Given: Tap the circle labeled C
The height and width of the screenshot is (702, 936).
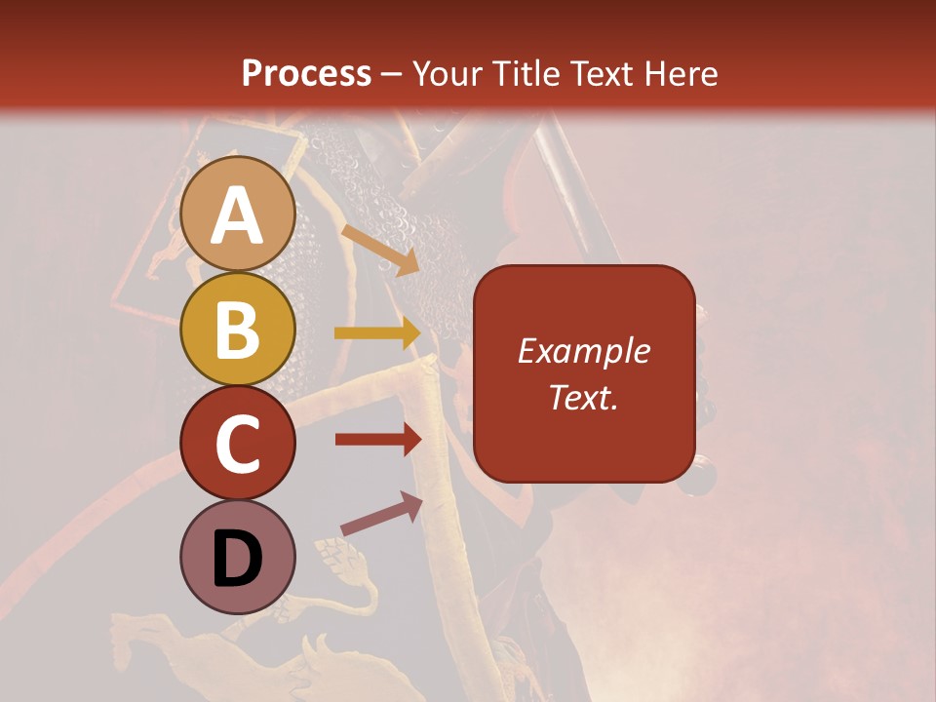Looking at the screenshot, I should tap(237, 443).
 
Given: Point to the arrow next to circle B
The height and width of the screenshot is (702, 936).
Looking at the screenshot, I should tap(377, 333).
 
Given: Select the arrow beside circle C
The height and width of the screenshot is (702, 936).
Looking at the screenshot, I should tap(377, 440).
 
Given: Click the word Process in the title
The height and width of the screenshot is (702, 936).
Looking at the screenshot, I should tap(306, 73).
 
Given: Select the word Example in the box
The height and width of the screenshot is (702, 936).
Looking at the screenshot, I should tap(584, 351).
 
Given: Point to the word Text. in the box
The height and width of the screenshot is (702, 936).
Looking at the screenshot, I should tap(584, 397).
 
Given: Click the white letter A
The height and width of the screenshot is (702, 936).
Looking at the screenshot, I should tap(237, 216).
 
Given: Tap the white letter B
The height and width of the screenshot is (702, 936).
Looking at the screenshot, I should tap(237, 330).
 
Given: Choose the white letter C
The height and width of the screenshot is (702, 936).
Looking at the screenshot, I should tap(237, 445).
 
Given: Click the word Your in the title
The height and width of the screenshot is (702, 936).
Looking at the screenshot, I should tap(448, 73).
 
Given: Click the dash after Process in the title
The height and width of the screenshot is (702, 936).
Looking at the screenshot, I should tap(392, 74).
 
